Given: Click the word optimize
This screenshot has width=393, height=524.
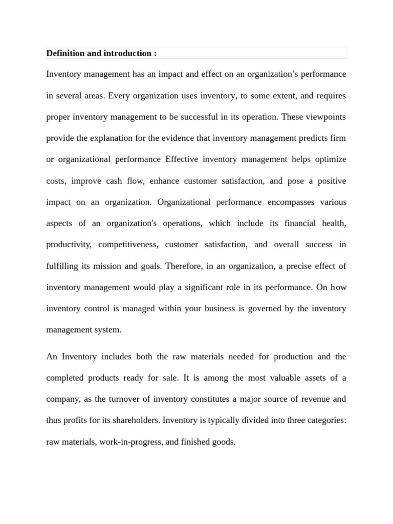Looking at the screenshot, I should tap(330, 159).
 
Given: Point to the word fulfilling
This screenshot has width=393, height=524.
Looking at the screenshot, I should tap(62, 266).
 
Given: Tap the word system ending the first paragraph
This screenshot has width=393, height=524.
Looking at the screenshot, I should tap(109, 330).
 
